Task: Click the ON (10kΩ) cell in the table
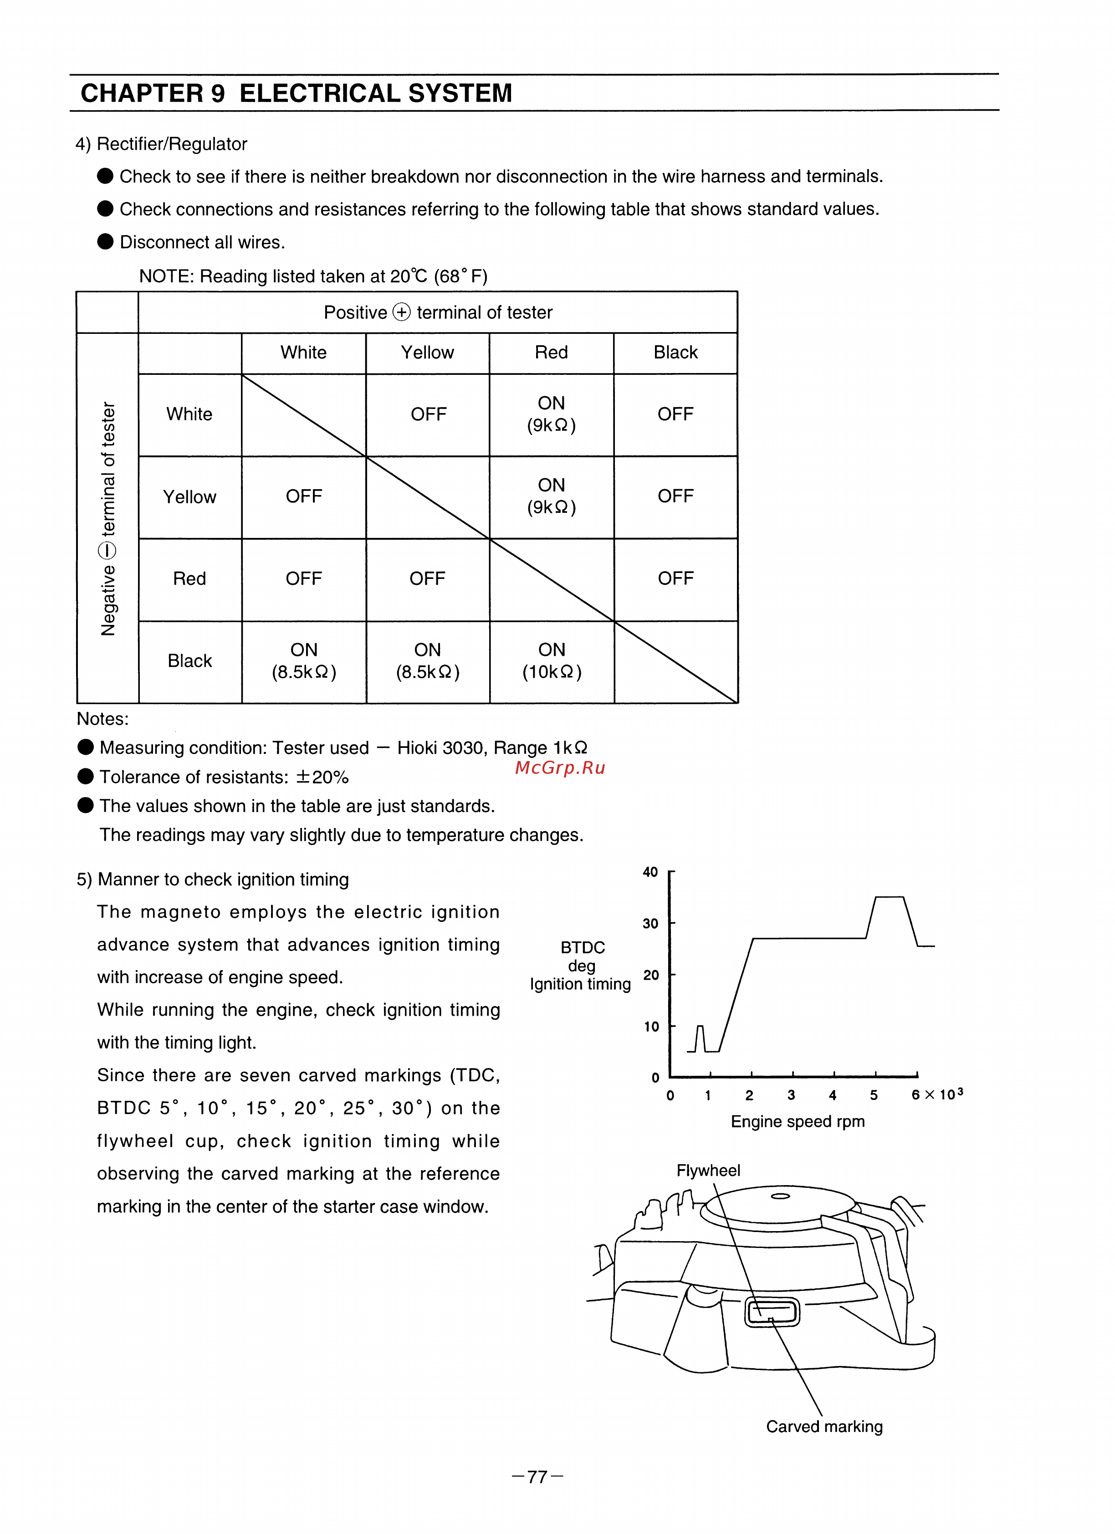pyautogui.click(x=552, y=661)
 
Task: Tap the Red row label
pyautogui.click(x=189, y=579)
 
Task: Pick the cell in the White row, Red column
pyautogui.click(x=552, y=414)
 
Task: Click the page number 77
pyautogui.click(x=537, y=1477)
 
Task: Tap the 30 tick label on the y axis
pyautogui.click(x=650, y=923)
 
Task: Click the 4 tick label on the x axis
pyautogui.click(x=832, y=1095)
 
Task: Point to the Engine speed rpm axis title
pyautogui.click(x=797, y=1121)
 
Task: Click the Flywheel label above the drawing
pyautogui.click(x=708, y=1170)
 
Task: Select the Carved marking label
pyautogui.click(x=823, y=1427)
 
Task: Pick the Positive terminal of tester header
pyautogui.click(x=438, y=312)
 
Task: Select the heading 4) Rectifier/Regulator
pyautogui.click(x=161, y=144)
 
